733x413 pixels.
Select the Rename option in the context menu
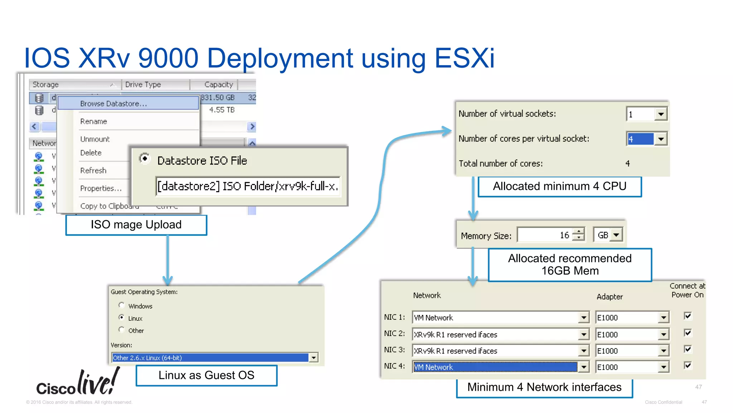93,122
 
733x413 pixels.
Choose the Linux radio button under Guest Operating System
122,318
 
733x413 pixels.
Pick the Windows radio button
122,305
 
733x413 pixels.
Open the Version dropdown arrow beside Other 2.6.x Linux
314,358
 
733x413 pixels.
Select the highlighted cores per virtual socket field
640,139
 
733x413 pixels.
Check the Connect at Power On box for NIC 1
688,316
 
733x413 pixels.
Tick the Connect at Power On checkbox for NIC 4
688,365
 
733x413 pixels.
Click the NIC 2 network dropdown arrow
584,334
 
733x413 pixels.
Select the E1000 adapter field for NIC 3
627,351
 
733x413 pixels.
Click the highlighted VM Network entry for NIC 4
495,367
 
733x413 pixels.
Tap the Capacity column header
218,85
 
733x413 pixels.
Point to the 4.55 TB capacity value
222,110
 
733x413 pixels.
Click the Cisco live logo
78,383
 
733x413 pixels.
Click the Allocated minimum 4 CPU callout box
559,186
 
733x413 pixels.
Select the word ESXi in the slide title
464,58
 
